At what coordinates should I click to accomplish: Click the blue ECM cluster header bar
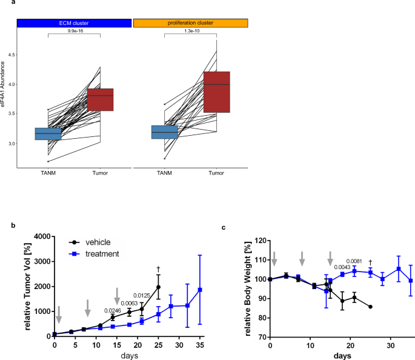tap(74, 23)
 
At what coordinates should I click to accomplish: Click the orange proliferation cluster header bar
tap(191, 23)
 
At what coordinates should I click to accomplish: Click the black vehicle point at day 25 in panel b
tap(158, 287)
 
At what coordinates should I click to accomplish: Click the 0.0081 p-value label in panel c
tap(354, 261)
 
